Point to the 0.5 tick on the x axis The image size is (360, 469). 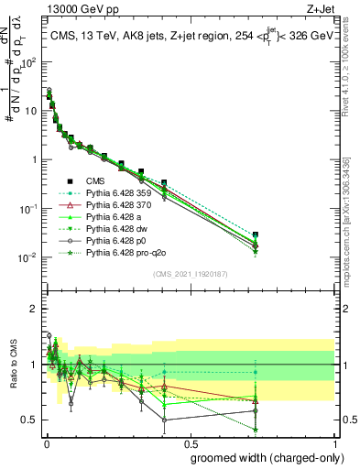point(190,442)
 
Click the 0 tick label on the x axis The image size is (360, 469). point(45,442)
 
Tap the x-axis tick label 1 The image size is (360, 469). point(334,442)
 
